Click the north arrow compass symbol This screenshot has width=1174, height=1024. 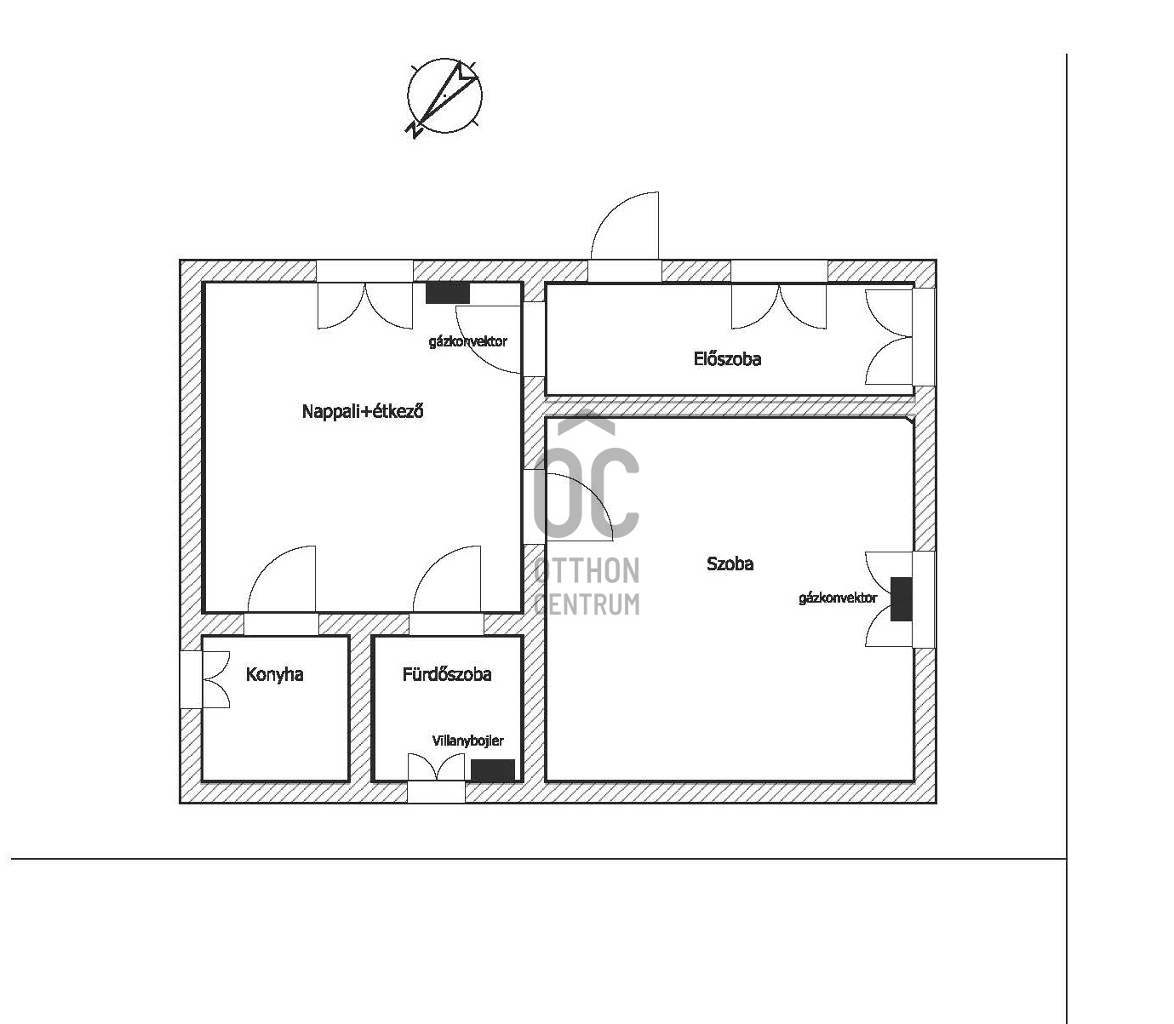click(x=444, y=96)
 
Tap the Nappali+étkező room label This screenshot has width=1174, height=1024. click(x=363, y=412)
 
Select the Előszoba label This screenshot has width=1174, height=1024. click(x=727, y=359)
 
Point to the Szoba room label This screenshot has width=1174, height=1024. click(x=730, y=563)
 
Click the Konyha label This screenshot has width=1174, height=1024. click(x=274, y=675)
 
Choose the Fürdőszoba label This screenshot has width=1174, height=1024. click(x=446, y=675)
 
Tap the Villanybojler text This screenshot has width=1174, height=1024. click(x=467, y=741)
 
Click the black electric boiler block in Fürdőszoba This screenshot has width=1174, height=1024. click(x=493, y=770)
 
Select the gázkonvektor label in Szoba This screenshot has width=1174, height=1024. click(x=838, y=598)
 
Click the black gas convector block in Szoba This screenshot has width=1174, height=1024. click(x=901, y=599)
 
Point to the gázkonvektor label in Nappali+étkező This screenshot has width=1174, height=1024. click(x=467, y=341)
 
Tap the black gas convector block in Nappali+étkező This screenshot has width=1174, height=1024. click(x=448, y=293)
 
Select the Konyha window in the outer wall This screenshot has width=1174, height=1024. click(x=192, y=679)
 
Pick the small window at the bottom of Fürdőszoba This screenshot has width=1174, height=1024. click(x=436, y=790)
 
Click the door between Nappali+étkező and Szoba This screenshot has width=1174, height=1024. click(x=572, y=507)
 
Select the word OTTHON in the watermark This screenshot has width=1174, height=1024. click(x=587, y=570)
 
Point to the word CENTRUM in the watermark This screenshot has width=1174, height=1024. click(x=587, y=604)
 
